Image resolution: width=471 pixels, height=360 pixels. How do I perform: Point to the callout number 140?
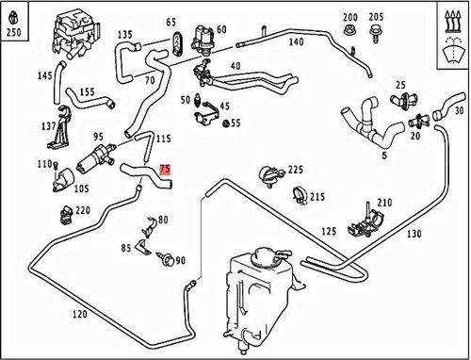(295, 42)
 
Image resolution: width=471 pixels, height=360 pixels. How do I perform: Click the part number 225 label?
(295, 170)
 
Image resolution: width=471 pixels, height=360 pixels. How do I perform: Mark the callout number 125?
(329, 231)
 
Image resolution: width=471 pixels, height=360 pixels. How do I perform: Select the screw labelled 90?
(166, 256)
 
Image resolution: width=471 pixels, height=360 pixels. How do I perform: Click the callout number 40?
(235, 66)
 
